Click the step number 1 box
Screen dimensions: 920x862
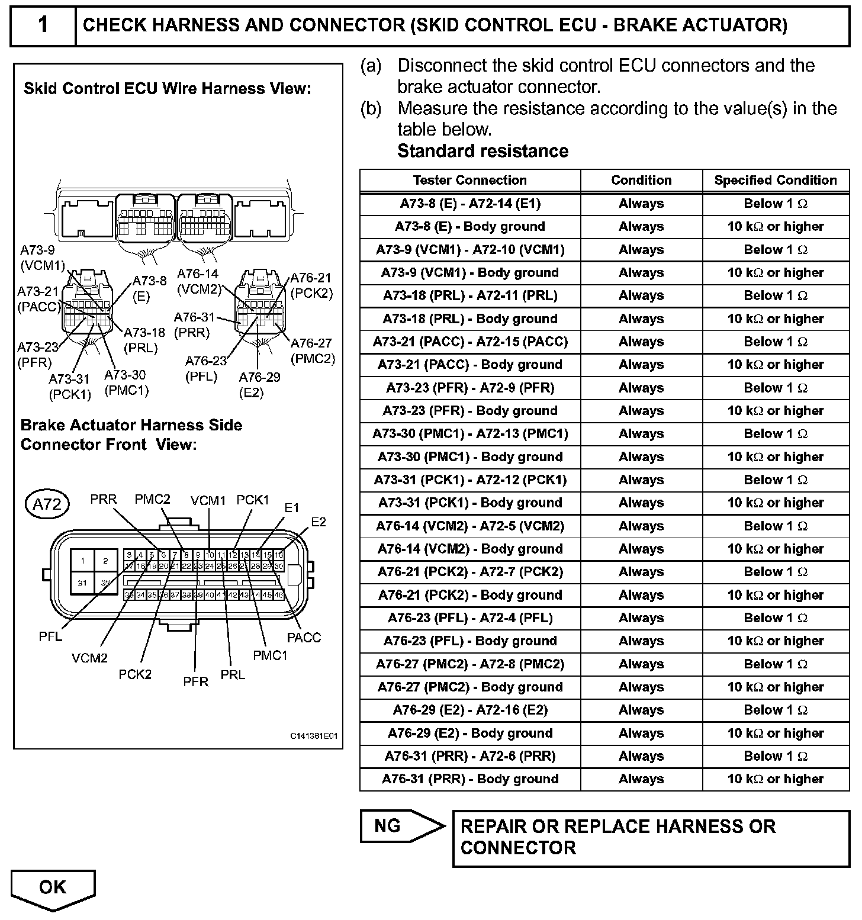(x=43, y=25)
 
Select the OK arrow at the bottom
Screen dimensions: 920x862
(x=53, y=887)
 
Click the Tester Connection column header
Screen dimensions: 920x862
(x=469, y=181)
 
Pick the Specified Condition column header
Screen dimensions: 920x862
(x=776, y=181)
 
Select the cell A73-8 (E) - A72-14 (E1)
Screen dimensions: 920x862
(x=469, y=204)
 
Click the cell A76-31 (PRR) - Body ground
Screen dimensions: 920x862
(x=469, y=779)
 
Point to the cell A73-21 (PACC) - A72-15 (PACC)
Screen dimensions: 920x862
(x=469, y=342)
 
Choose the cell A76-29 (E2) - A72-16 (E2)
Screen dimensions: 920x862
(x=469, y=710)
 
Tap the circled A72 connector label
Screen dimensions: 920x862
(x=47, y=504)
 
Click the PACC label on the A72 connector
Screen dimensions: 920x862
(x=304, y=638)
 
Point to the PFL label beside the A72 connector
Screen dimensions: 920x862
(x=50, y=638)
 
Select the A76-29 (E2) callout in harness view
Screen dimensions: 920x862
(x=259, y=385)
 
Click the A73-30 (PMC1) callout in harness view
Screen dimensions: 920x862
(x=126, y=382)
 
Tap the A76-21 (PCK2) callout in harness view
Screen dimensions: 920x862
(x=311, y=285)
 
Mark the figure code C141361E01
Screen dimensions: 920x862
(x=313, y=736)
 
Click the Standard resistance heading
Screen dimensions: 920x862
(x=483, y=152)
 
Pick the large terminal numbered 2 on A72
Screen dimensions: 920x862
(x=105, y=561)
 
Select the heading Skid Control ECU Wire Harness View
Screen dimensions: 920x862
(x=167, y=89)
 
